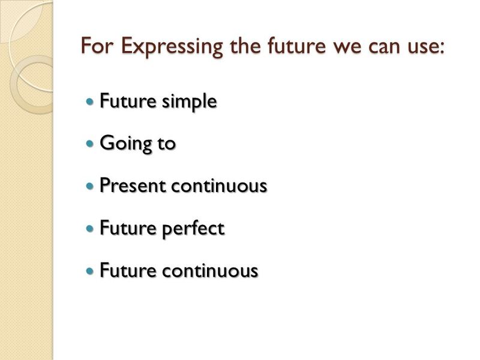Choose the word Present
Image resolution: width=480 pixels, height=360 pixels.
pyautogui.click(x=133, y=186)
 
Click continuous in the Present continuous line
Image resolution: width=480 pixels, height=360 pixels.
pyautogui.click(x=218, y=186)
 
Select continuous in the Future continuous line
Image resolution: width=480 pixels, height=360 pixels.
pyautogui.click(x=210, y=271)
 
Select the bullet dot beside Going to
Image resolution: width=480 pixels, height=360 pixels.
pyautogui.click(x=91, y=145)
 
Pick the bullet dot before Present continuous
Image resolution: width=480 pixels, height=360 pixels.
pyautogui.click(x=91, y=187)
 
